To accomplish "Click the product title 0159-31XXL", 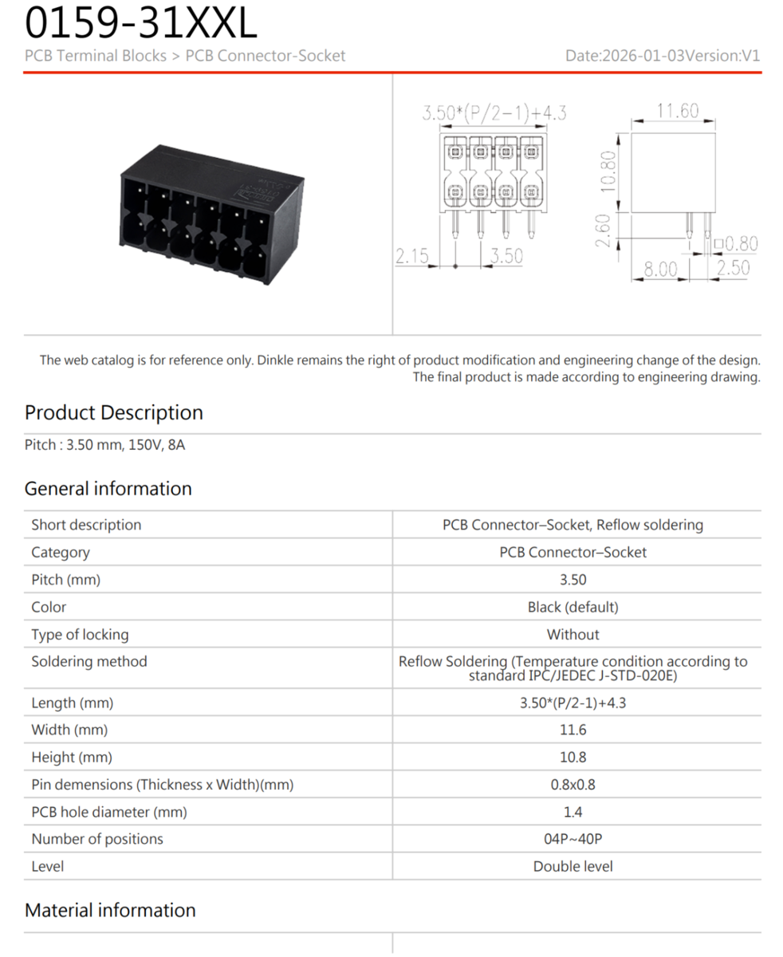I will click(x=141, y=23).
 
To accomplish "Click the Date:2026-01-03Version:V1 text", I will click(x=663, y=56).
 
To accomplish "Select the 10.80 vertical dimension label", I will click(x=608, y=171).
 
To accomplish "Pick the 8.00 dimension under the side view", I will click(x=659, y=270).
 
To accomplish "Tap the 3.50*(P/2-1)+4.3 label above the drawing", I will click(x=494, y=112).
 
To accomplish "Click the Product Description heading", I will click(x=114, y=412).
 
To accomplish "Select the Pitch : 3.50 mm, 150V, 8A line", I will click(x=105, y=445).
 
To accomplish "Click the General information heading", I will click(x=108, y=488).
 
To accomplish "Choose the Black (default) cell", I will click(x=572, y=607).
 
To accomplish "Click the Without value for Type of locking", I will click(x=572, y=634).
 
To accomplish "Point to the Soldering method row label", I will click(x=89, y=661).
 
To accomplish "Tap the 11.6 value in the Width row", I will click(x=572, y=730).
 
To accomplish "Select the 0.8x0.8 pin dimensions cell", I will click(x=572, y=784).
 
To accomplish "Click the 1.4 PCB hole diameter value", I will click(x=572, y=812).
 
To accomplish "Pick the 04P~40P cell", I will click(x=572, y=839).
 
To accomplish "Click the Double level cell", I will click(x=572, y=866).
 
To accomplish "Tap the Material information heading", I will click(x=110, y=910).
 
